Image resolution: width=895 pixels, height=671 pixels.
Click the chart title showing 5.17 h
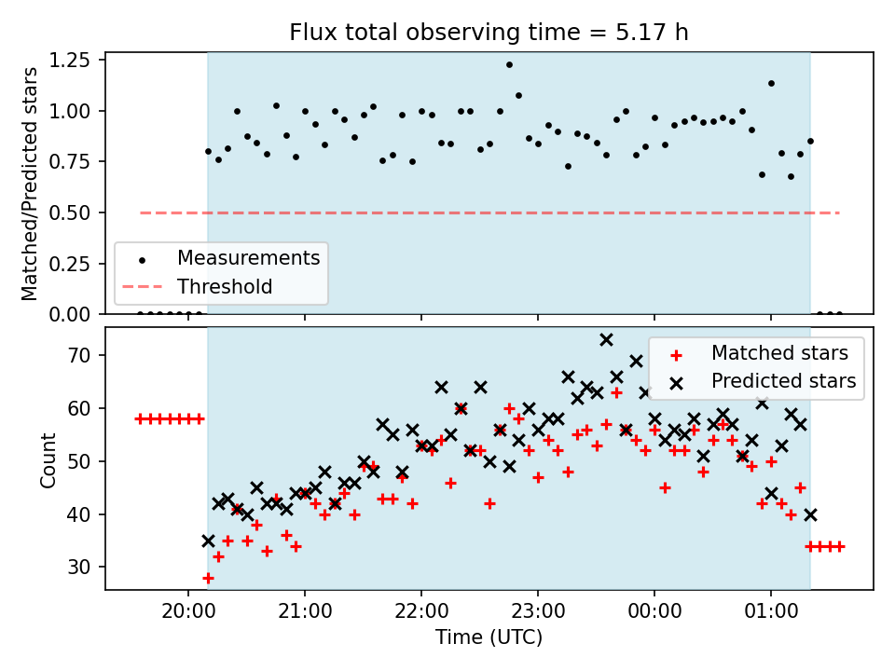(489, 32)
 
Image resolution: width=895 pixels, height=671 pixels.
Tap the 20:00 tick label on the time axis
(188, 611)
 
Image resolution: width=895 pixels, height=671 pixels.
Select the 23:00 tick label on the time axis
(538, 611)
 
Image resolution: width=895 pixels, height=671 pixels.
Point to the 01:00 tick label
(771, 611)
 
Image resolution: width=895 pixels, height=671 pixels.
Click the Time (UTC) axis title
(489, 637)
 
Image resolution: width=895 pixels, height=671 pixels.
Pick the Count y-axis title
(48, 459)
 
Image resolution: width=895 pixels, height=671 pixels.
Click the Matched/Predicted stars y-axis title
(29, 184)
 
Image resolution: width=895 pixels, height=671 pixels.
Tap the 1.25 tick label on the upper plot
(70, 60)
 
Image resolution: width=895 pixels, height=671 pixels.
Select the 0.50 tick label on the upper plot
(70, 212)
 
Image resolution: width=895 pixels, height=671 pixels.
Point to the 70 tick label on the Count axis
(80, 355)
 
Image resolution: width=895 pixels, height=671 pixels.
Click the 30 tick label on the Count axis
(80, 568)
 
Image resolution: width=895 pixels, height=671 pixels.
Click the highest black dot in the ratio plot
(509, 65)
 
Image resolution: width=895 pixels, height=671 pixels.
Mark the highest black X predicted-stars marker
(606, 340)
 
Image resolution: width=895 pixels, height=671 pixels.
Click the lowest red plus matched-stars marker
(208, 579)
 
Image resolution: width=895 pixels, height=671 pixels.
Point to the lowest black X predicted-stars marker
(208, 541)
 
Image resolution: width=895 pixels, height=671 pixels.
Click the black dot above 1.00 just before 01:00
(771, 83)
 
